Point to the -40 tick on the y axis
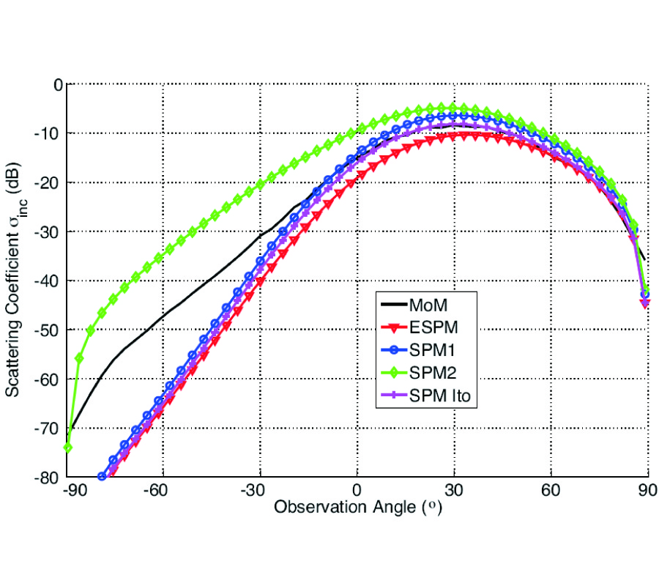(x=49, y=281)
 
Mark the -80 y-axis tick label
(x=49, y=477)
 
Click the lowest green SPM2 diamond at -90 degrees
(x=67, y=447)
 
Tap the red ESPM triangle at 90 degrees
(x=646, y=303)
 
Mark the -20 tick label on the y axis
(x=49, y=182)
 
